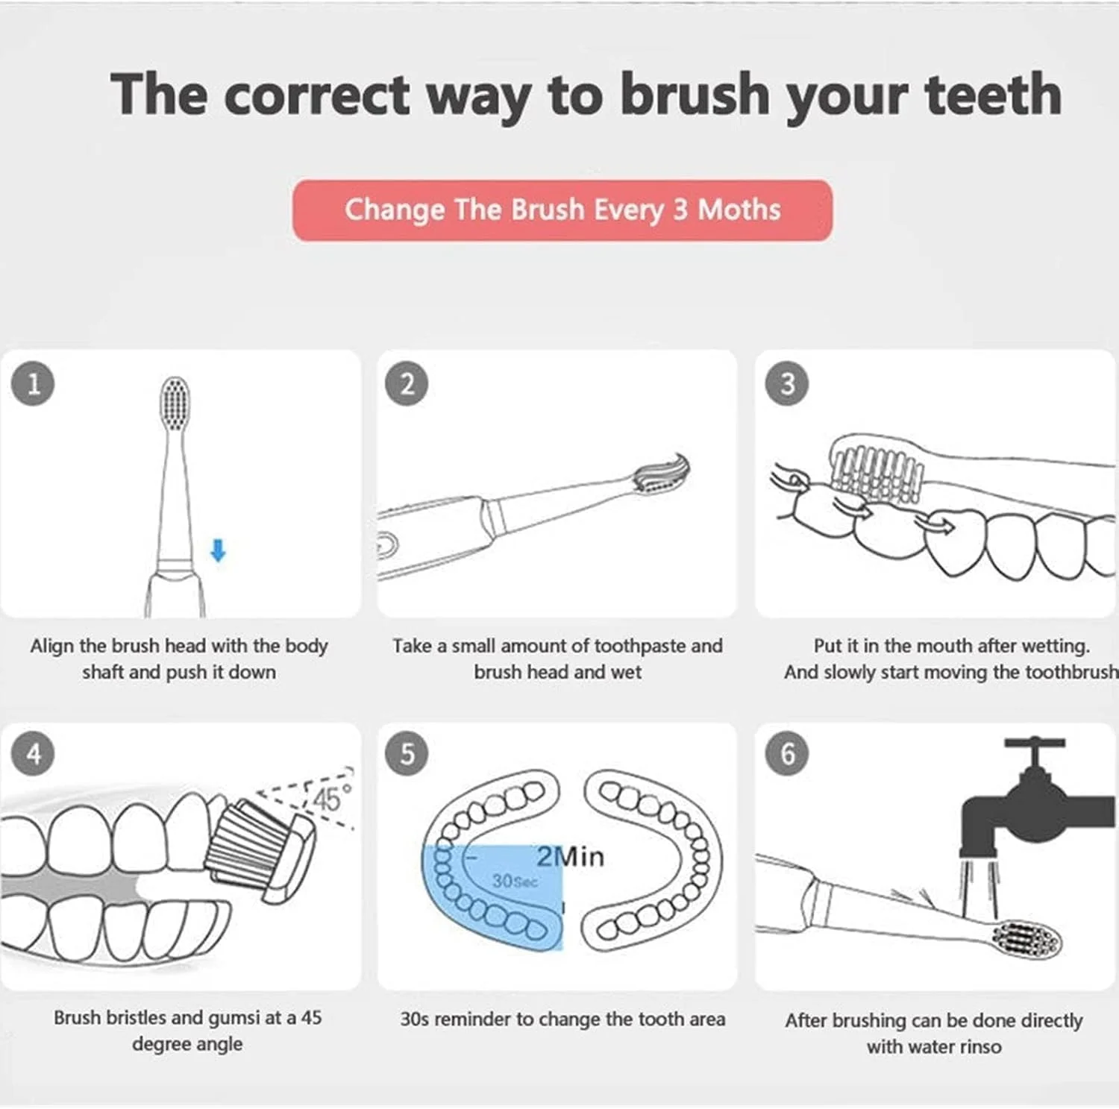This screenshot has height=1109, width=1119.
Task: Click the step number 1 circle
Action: (x=34, y=384)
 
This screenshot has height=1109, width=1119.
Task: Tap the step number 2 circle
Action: (x=407, y=384)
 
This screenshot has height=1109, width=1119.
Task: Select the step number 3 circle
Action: (x=787, y=384)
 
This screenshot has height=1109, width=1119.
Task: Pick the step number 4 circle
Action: (x=34, y=754)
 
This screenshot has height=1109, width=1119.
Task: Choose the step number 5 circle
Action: (x=407, y=754)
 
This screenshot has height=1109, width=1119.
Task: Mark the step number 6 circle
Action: (x=787, y=754)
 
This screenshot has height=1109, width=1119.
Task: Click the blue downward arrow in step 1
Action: (x=218, y=551)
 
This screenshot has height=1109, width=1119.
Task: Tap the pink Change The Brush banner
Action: (x=562, y=210)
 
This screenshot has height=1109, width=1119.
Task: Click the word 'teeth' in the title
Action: (x=993, y=95)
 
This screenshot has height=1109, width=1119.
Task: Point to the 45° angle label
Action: (x=331, y=799)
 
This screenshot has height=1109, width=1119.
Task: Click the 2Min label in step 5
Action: (x=570, y=856)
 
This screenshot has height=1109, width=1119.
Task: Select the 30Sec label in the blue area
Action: (x=515, y=882)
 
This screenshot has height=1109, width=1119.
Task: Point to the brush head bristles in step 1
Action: (x=175, y=403)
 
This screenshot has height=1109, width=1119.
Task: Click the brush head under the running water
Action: (x=1026, y=938)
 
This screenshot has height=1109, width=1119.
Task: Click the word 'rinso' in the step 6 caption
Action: (x=977, y=1047)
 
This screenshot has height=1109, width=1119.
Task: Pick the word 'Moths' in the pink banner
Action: (x=739, y=210)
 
